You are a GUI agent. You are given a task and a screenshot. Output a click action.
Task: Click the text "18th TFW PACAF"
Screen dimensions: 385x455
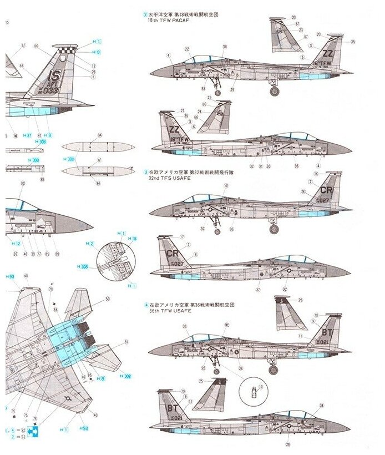[x=166, y=19]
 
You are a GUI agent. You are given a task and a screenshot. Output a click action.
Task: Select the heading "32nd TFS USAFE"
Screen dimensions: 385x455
[x=166, y=179]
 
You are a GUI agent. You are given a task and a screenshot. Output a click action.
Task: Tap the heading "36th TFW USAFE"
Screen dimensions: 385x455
[x=166, y=311]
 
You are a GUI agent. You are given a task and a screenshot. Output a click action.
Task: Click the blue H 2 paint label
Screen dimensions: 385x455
[x=89, y=244]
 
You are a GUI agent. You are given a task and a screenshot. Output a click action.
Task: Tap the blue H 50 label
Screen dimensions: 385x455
[x=10, y=276]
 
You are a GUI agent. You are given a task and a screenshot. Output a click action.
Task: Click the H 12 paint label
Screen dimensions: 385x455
[x=16, y=244]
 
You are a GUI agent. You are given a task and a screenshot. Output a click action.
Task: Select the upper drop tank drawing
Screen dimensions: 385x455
[x=98, y=148]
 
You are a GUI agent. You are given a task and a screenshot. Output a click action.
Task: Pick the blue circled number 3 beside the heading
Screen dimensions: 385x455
[x=146, y=173]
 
